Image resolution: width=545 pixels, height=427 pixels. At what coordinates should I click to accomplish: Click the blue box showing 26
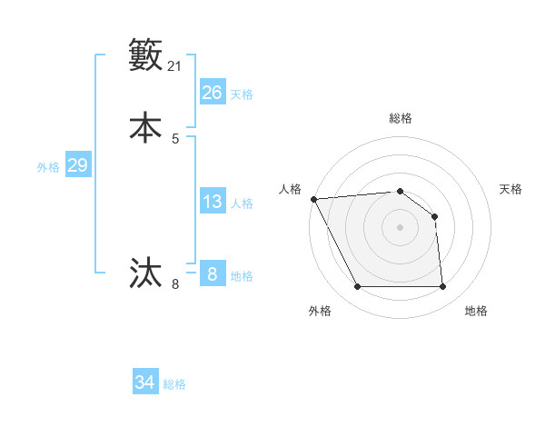[x=213, y=93]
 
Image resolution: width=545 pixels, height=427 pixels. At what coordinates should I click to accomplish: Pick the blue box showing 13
[x=213, y=202]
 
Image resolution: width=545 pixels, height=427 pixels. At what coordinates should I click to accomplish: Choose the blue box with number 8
[x=213, y=274]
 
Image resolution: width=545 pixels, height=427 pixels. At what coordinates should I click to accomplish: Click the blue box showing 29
[x=77, y=165]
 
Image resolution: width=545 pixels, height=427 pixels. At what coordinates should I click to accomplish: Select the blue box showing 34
[x=145, y=382]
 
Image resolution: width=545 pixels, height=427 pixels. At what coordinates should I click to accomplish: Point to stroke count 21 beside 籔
[x=175, y=66]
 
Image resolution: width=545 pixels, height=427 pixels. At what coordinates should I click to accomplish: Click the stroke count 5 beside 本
[x=175, y=139]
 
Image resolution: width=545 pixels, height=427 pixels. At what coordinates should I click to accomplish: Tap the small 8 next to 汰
[x=175, y=284]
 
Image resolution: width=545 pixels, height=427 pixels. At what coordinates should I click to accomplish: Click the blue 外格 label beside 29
[x=48, y=166]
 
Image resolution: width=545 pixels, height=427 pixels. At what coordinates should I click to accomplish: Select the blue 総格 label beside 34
[x=174, y=384]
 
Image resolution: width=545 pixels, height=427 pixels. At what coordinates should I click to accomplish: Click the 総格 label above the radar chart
[x=400, y=118]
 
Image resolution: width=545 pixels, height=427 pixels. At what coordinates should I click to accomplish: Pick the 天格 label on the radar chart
[x=510, y=189]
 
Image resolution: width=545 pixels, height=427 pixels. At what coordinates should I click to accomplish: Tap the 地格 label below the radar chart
[x=476, y=311]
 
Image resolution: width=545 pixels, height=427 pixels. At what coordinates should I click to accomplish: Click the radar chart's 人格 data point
[x=313, y=199]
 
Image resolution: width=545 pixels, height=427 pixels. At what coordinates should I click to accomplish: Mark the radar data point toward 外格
[x=358, y=287]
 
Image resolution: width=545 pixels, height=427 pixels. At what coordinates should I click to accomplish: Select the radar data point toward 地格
[x=442, y=287]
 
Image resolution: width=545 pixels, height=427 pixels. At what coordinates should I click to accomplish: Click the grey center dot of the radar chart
[x=400, y=227]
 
